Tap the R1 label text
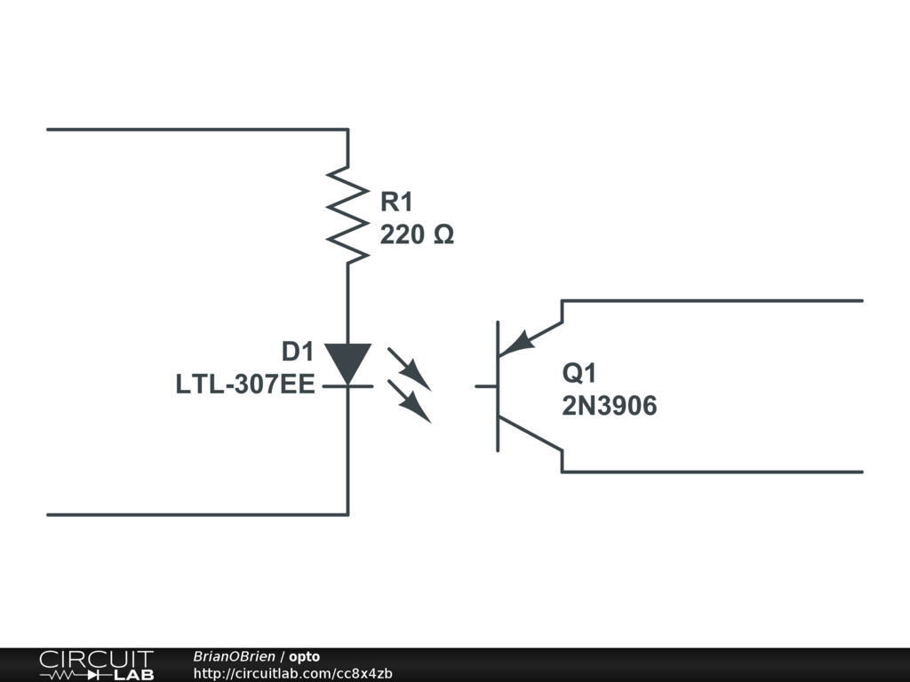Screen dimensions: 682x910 pos(397,202)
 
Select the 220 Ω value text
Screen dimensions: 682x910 pos(417,235)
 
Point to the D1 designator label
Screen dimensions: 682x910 pos(298,353)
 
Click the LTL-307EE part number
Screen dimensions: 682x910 pos(245,385)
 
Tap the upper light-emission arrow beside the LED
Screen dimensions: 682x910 pos(410,369)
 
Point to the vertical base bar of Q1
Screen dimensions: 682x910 pos(498,386)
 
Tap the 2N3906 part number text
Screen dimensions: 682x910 pos(609,406)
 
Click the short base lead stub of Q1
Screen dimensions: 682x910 pos(485,386)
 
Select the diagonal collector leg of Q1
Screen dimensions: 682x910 pos(531,433)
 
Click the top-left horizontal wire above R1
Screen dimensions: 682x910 pos(196,130)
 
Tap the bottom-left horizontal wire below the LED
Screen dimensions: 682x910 pos(196,514)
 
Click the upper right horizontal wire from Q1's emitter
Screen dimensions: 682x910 pos(711,301)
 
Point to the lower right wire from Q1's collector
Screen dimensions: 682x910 pos(711,472)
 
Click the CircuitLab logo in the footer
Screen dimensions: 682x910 pos(96,665)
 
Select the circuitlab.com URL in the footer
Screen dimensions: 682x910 pos(292,674)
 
